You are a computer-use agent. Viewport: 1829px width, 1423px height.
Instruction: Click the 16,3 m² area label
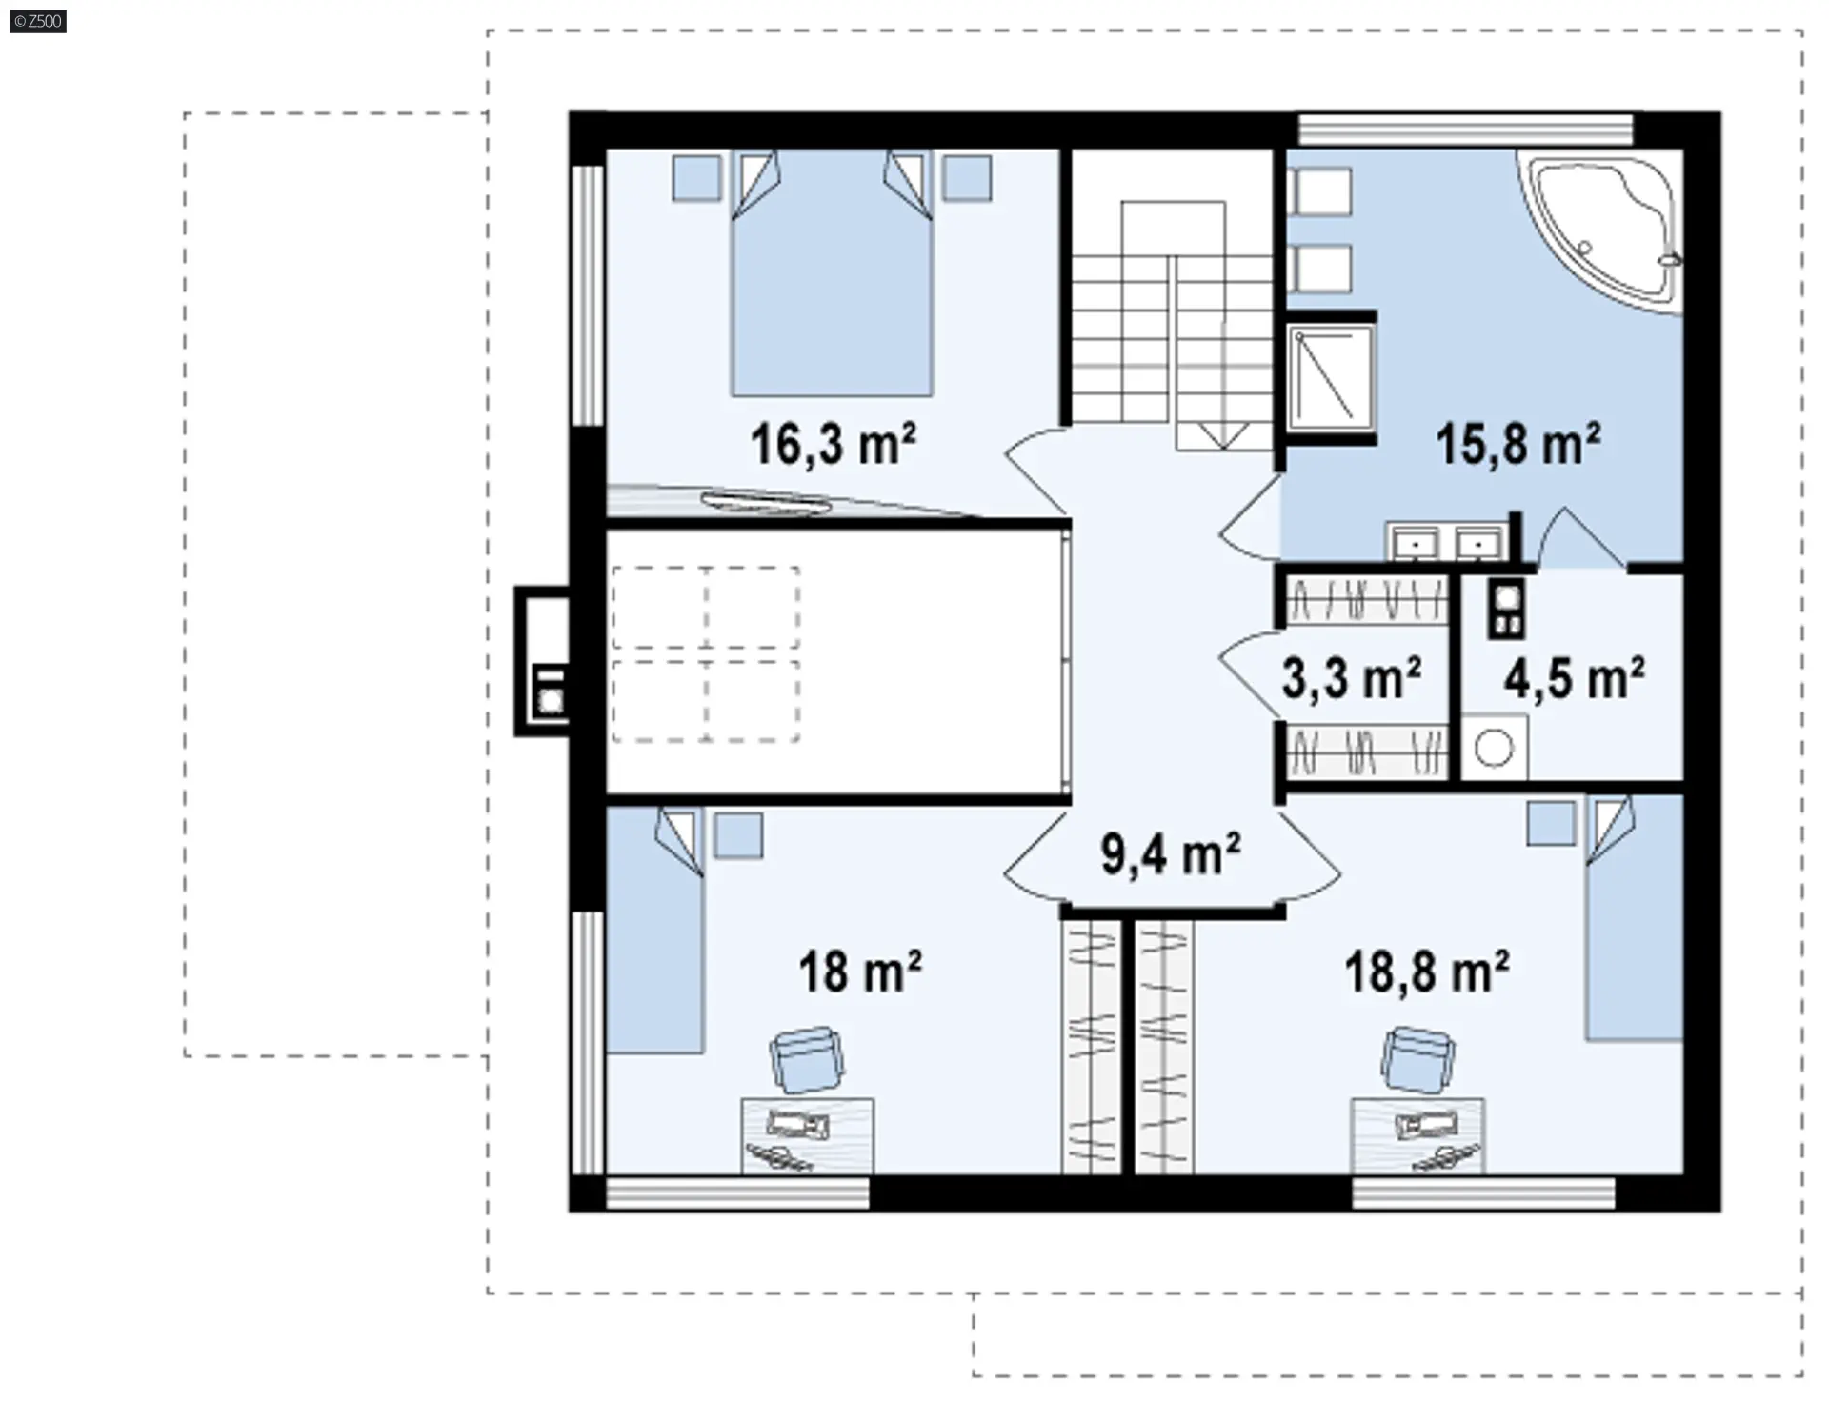coord(834,445)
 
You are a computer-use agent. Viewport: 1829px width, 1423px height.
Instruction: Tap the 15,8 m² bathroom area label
coord(1518,444)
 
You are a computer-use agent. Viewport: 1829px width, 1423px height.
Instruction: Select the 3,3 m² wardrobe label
coord(1352,678)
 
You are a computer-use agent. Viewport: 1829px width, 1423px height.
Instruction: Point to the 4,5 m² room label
coord(1574,678)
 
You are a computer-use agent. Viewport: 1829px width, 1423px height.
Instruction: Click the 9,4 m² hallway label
coord(1171,853)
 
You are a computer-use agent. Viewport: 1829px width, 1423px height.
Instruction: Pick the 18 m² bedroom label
coord(860,972)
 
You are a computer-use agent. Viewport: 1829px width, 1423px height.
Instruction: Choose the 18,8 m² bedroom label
coord(1427,972)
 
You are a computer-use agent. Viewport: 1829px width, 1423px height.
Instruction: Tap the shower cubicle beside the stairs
coord(1331,378)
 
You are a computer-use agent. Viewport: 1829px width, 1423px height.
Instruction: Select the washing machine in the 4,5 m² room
coord(1493,747)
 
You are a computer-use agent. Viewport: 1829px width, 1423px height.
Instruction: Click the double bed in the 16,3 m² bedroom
coord(832,273)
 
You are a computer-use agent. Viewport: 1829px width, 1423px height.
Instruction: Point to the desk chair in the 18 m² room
coord(807,1059)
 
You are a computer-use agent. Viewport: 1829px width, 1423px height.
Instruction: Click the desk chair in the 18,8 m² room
coord(1418,1059)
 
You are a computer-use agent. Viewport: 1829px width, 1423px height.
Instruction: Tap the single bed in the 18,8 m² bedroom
coord(1634,918)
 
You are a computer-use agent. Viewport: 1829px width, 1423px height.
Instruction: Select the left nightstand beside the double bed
coord(696,177)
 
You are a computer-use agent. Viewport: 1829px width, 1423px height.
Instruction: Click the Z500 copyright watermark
coord(38,20)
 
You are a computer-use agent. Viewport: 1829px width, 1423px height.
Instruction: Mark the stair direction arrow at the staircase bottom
coord(1223,435)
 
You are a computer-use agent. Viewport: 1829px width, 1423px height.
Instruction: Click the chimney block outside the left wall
coord(542,661)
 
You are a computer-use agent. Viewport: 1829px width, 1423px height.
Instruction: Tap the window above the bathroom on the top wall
coord(1466,130)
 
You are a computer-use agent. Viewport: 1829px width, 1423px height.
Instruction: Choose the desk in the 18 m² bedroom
coord(808,1136)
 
